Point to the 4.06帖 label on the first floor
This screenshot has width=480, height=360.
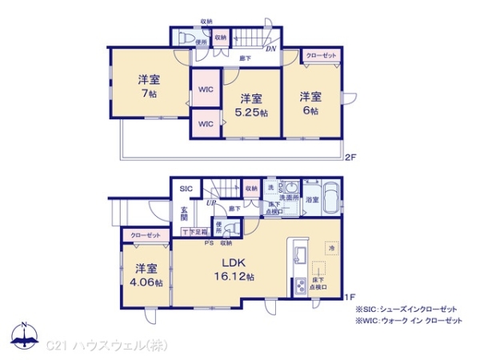(x=146, y=282)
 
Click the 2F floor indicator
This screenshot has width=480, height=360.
(x=350, y=157)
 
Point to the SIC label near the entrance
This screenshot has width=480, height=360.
(x=186, y=189)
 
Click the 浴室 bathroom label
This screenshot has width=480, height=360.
(x=311, y=199)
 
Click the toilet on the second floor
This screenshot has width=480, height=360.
(x=182, y=37)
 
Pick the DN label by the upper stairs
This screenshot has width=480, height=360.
(x=270, y=49)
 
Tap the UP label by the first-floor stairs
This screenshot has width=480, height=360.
(x=211, y=203)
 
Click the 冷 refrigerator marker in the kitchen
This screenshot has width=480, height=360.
(x=331, y=248)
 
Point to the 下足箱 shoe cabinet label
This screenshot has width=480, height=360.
(x=194, y=232)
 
